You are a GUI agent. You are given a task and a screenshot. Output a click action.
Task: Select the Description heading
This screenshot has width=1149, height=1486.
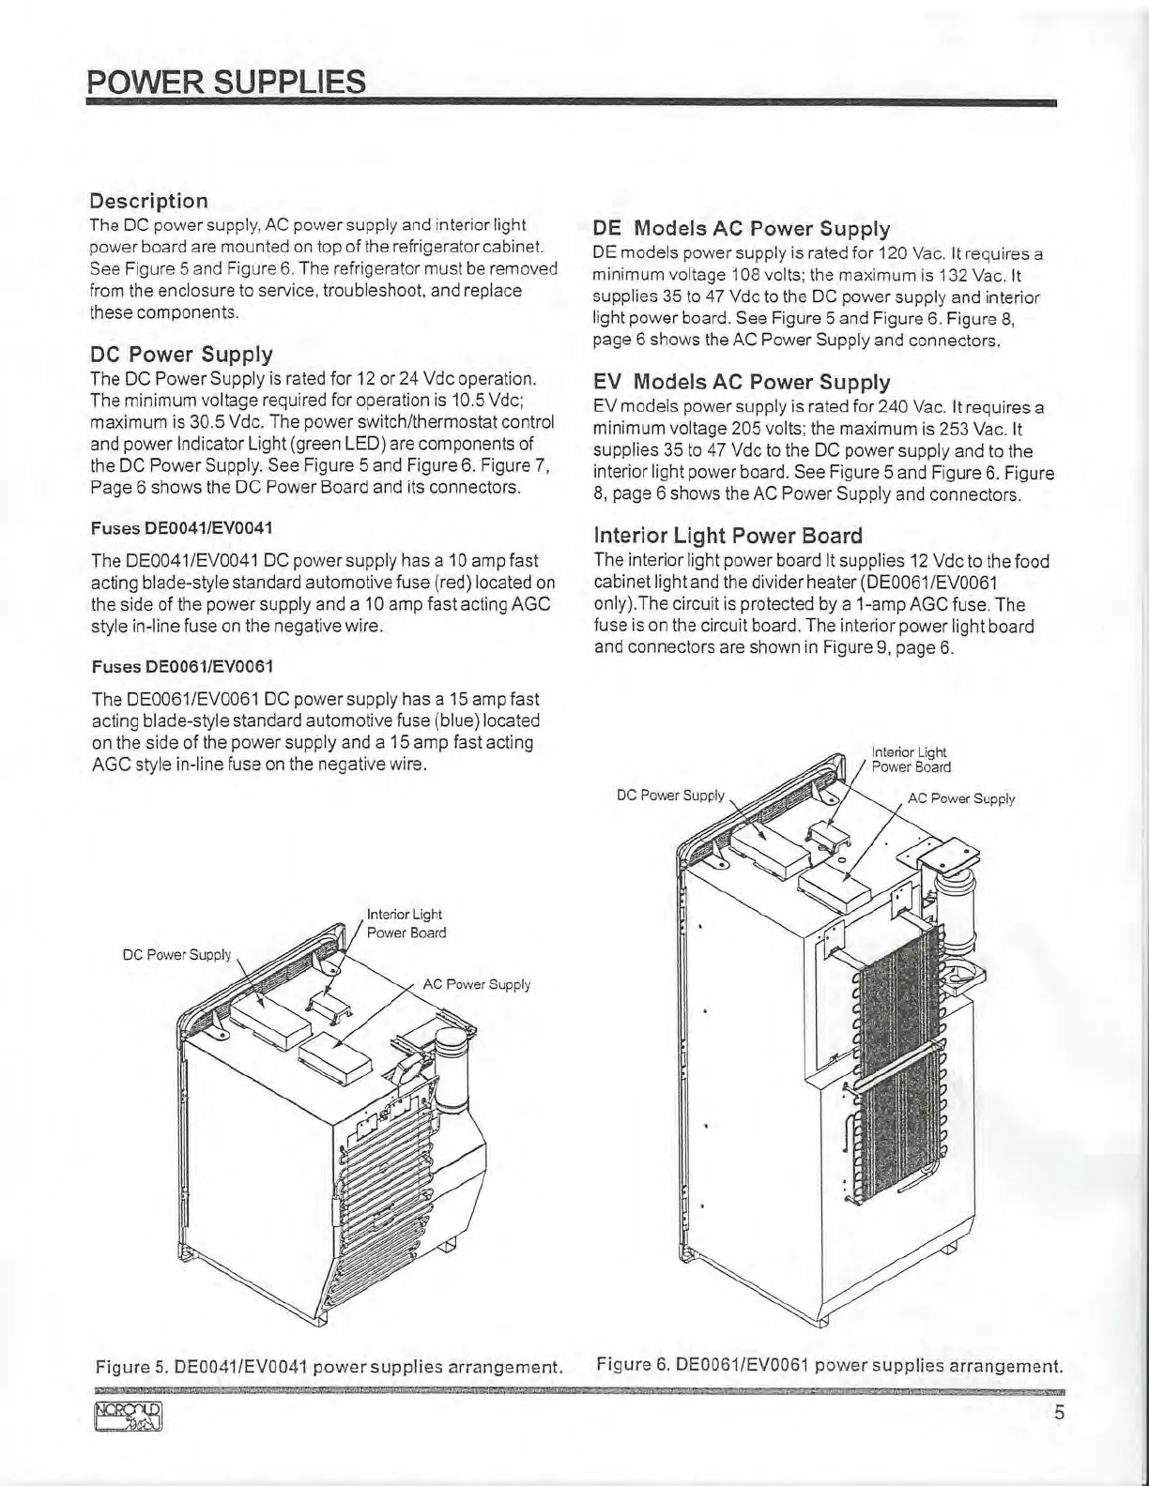tap(148, 201)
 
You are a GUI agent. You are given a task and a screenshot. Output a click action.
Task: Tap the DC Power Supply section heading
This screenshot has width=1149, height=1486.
tap(181, 354)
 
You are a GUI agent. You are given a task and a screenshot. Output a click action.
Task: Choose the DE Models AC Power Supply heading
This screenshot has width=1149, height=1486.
tap(742, 228)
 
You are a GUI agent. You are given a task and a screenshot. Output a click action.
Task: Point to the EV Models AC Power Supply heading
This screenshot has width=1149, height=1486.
tap(742, 382)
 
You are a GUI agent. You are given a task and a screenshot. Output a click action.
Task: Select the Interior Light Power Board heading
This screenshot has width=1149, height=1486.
tap(728, 536)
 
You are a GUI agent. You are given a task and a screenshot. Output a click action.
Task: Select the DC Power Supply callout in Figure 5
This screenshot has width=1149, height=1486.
tap(176, 955)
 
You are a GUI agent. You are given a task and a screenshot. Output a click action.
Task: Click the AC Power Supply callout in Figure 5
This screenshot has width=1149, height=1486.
tap(476, 984)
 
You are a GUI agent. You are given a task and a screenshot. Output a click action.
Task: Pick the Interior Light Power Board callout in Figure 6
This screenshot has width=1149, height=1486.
tap(910, 759)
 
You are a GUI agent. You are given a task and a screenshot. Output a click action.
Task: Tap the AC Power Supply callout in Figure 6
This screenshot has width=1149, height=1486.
tap(960, 798)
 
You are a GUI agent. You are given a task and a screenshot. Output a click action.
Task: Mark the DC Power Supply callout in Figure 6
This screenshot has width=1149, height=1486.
tap(670, 795)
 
